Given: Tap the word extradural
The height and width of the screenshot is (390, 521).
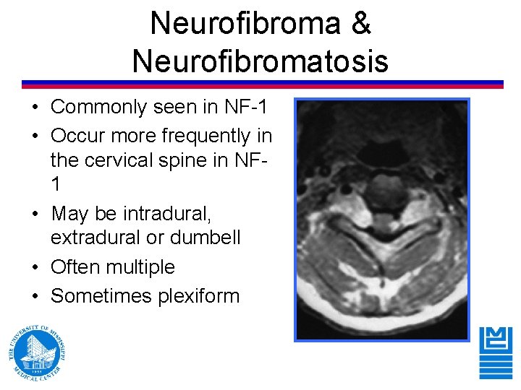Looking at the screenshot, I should [98, 238].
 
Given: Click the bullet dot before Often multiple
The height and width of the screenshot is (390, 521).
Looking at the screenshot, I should [35, 267].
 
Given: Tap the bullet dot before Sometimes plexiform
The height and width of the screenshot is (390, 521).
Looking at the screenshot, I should [35, 296].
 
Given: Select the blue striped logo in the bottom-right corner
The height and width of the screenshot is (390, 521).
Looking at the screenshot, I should [496, 352].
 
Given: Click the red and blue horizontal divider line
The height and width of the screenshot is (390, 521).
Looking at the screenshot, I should [262, 84].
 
